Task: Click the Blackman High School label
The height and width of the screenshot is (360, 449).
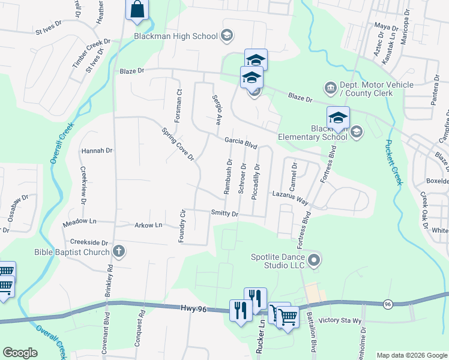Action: pos(175,36)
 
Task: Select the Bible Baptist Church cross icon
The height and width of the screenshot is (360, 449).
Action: pos(119,251)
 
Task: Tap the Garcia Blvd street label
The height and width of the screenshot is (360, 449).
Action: pos(241,143)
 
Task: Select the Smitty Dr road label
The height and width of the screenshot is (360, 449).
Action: pos(225,213)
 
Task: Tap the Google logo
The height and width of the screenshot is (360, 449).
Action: pos(20,352)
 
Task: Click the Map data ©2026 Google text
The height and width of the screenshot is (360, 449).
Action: pos(412,355)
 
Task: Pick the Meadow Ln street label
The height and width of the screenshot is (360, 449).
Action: pos(79,223)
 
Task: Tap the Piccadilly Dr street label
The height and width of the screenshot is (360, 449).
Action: pos(256,181)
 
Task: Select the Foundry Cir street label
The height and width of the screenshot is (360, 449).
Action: pos(182,226)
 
